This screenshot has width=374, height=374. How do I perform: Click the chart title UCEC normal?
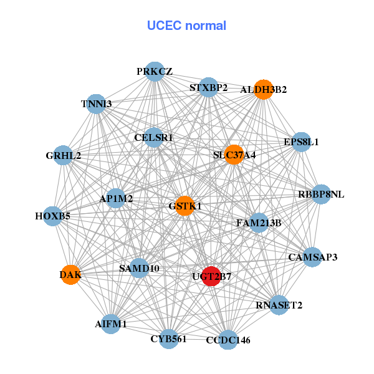point(186,26)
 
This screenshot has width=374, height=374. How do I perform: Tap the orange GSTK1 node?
point(185,206)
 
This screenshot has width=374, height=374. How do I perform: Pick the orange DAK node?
point(71,274)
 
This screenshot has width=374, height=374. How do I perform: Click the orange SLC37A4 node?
point(234,155)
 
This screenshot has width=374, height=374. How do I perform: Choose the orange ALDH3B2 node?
point(264,90)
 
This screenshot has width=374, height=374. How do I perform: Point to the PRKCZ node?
point(155,72)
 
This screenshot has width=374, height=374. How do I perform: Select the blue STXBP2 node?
point(209,87)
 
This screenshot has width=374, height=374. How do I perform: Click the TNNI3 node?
point(96,103)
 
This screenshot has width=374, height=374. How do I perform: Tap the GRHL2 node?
point(63,155)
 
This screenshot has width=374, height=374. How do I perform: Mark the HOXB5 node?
point(53,216)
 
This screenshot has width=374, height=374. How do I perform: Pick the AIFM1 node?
point(111,324)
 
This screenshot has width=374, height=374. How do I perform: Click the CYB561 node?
point(168,339)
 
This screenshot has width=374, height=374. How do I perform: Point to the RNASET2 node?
point(279,305)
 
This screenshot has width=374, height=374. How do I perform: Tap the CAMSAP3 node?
point(313,257)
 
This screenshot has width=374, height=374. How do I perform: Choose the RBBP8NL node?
point(321,194)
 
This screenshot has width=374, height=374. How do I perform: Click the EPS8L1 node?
point(301,141)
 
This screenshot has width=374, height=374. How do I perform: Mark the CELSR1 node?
point(154,137)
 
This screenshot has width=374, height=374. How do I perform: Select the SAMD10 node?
point(139,269)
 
